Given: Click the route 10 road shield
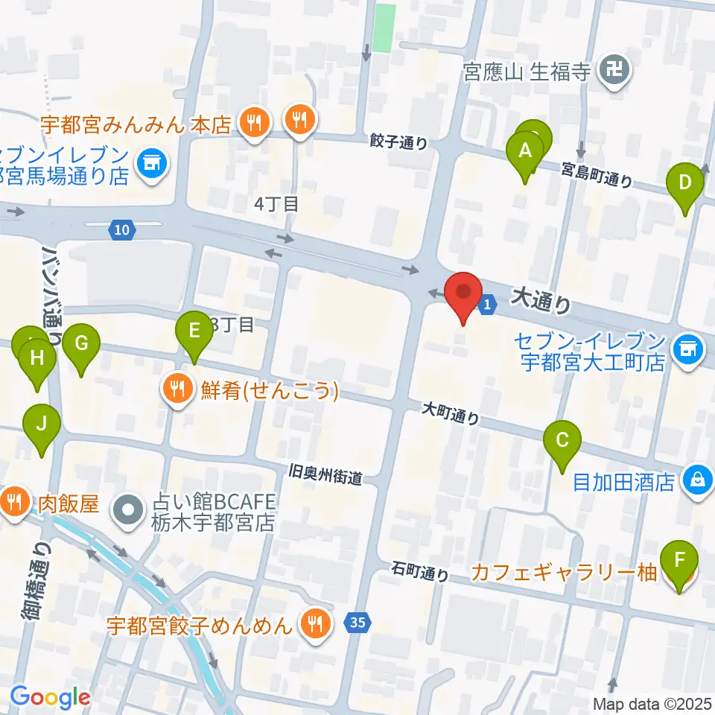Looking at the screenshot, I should pyautogui.click(x=121, y=231).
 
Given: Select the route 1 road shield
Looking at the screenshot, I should pyautogui.click(x=487, y=304).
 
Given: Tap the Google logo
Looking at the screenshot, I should pyautogui.click(x=50, y=697).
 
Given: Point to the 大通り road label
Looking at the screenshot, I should pyautogui.click(x=542, y=299).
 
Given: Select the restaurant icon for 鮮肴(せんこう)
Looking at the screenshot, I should pyautogui.click(x=177, y=390).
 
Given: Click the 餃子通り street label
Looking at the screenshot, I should pyautogui.click(x=398, y=141).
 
